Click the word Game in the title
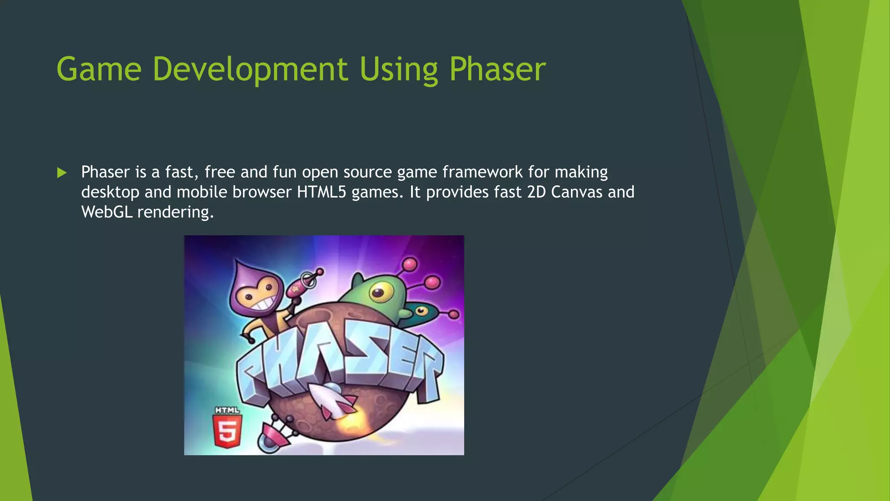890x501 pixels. pos(99,70)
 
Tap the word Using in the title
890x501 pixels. pos(399,70)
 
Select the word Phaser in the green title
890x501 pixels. pos(497,70)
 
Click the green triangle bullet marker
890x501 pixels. pos(62,173)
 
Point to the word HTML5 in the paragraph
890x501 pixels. pos(321,192)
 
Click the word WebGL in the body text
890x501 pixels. pos(106,212)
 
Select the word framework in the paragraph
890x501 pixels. pos(482,172)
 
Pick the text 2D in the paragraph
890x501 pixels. pos(536,192)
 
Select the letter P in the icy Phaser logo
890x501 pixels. pos(256,370)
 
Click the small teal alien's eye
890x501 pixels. pos(420,311)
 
